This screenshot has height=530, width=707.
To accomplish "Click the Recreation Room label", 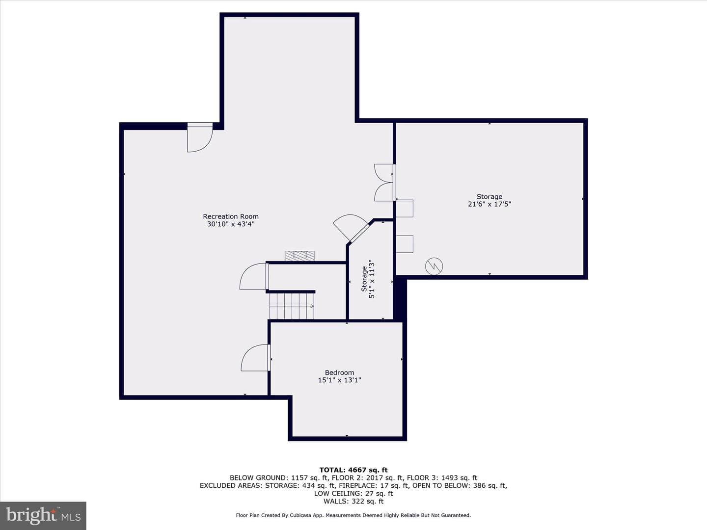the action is point(231,216).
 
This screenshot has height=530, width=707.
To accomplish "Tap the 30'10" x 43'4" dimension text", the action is point(231,224).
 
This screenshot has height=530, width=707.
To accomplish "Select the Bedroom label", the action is point(339,372).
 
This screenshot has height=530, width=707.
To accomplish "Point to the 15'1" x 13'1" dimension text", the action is point(339,380).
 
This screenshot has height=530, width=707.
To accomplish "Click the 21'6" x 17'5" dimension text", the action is point(489,204).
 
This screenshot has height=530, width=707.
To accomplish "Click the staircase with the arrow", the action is point(292,306).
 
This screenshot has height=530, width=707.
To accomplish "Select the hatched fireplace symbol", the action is point(300,256).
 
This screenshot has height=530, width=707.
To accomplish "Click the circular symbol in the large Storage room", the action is point(434,266).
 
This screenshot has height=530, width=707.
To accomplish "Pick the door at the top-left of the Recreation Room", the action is point(200,137).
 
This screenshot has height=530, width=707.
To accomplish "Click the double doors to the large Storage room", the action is point(385,183).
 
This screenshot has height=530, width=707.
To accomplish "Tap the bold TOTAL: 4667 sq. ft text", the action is point(353,470).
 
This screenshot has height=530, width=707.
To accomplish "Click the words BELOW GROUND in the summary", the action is point(259,478).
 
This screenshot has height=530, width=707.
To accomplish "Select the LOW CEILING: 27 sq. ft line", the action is point(353,493).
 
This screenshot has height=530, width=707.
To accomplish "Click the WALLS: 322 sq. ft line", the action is point(353,501).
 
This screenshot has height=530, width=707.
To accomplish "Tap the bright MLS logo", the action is point(43,515).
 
